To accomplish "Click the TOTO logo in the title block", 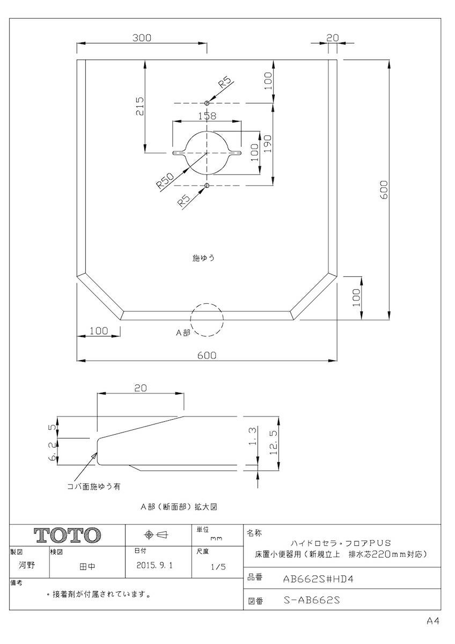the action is [68, 535].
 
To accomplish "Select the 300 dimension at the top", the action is [142, 38].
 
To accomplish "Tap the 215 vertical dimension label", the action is [140, 106].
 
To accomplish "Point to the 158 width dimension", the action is [207, 116].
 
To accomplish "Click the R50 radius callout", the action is [165, 180].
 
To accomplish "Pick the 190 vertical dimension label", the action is [268, 144].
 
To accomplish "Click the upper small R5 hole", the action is [207, 103].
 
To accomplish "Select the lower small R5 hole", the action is [207, 186].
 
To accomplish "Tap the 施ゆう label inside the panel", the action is [203, 258].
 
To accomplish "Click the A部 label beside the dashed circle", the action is [183, 333].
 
